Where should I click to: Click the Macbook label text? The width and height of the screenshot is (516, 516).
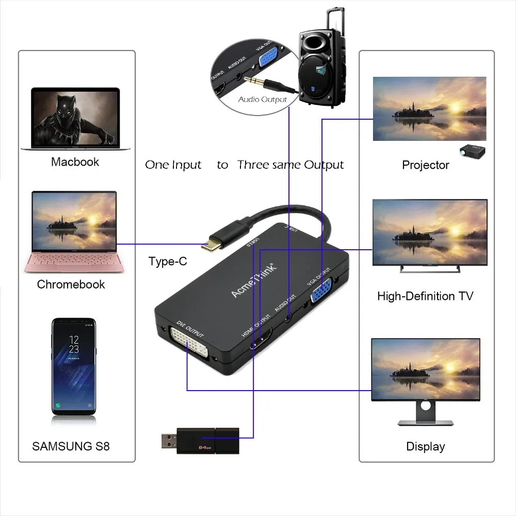tap(75, 162)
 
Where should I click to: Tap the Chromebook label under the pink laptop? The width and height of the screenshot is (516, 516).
tap(71, 284)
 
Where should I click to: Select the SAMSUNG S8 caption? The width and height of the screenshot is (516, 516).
tap(71, 446)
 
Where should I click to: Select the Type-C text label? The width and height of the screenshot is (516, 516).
tap(168, 261)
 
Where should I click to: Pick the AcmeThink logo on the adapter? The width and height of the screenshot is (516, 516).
tap(254, 280)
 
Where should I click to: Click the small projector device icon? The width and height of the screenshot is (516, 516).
tap(473, 151)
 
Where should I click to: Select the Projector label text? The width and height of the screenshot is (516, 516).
tap(425, 165)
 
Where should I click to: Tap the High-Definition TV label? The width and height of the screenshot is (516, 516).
tap(425, 296)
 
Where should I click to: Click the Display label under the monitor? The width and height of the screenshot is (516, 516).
tap(425, 446)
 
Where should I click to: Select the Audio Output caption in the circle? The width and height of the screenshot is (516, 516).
tap(262, 99)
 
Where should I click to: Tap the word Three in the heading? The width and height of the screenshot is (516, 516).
tap(253, 165)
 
